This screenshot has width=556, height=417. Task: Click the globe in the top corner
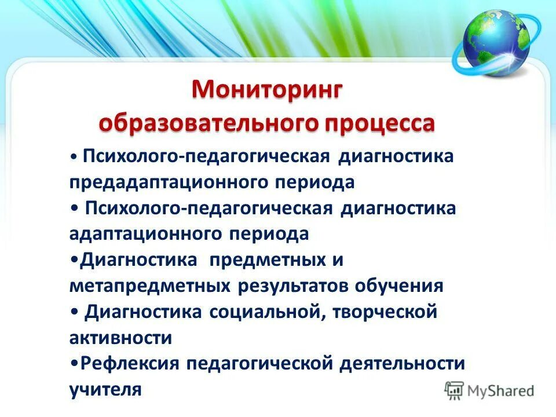point(496,43)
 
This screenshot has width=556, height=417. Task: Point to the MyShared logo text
point(502,390)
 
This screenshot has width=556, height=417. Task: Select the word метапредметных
point(149,286)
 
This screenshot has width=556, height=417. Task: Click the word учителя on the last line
point(105,389)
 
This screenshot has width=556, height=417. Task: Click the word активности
point(120,338)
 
